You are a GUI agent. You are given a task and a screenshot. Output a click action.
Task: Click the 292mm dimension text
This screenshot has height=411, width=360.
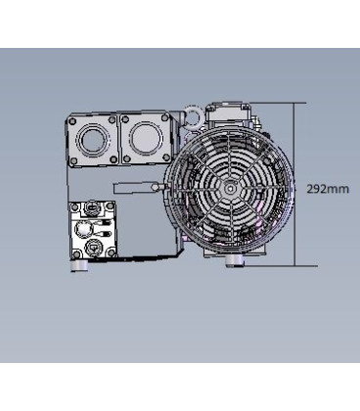tap(327, 187)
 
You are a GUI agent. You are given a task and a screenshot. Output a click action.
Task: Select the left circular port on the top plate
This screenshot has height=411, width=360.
tap(93, 138)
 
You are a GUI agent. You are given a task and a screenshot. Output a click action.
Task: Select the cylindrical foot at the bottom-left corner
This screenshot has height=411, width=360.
tap(77, 263)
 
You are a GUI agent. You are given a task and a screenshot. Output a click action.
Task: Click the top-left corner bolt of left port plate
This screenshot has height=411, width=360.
tap(71, 118)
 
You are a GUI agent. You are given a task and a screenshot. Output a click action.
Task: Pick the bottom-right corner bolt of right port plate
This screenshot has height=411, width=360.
tap(167, 160)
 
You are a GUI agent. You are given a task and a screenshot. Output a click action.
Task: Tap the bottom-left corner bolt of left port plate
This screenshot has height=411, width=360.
tap(71, 160)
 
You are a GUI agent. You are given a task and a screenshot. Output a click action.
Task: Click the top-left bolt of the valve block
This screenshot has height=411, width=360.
tap(74, 206)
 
